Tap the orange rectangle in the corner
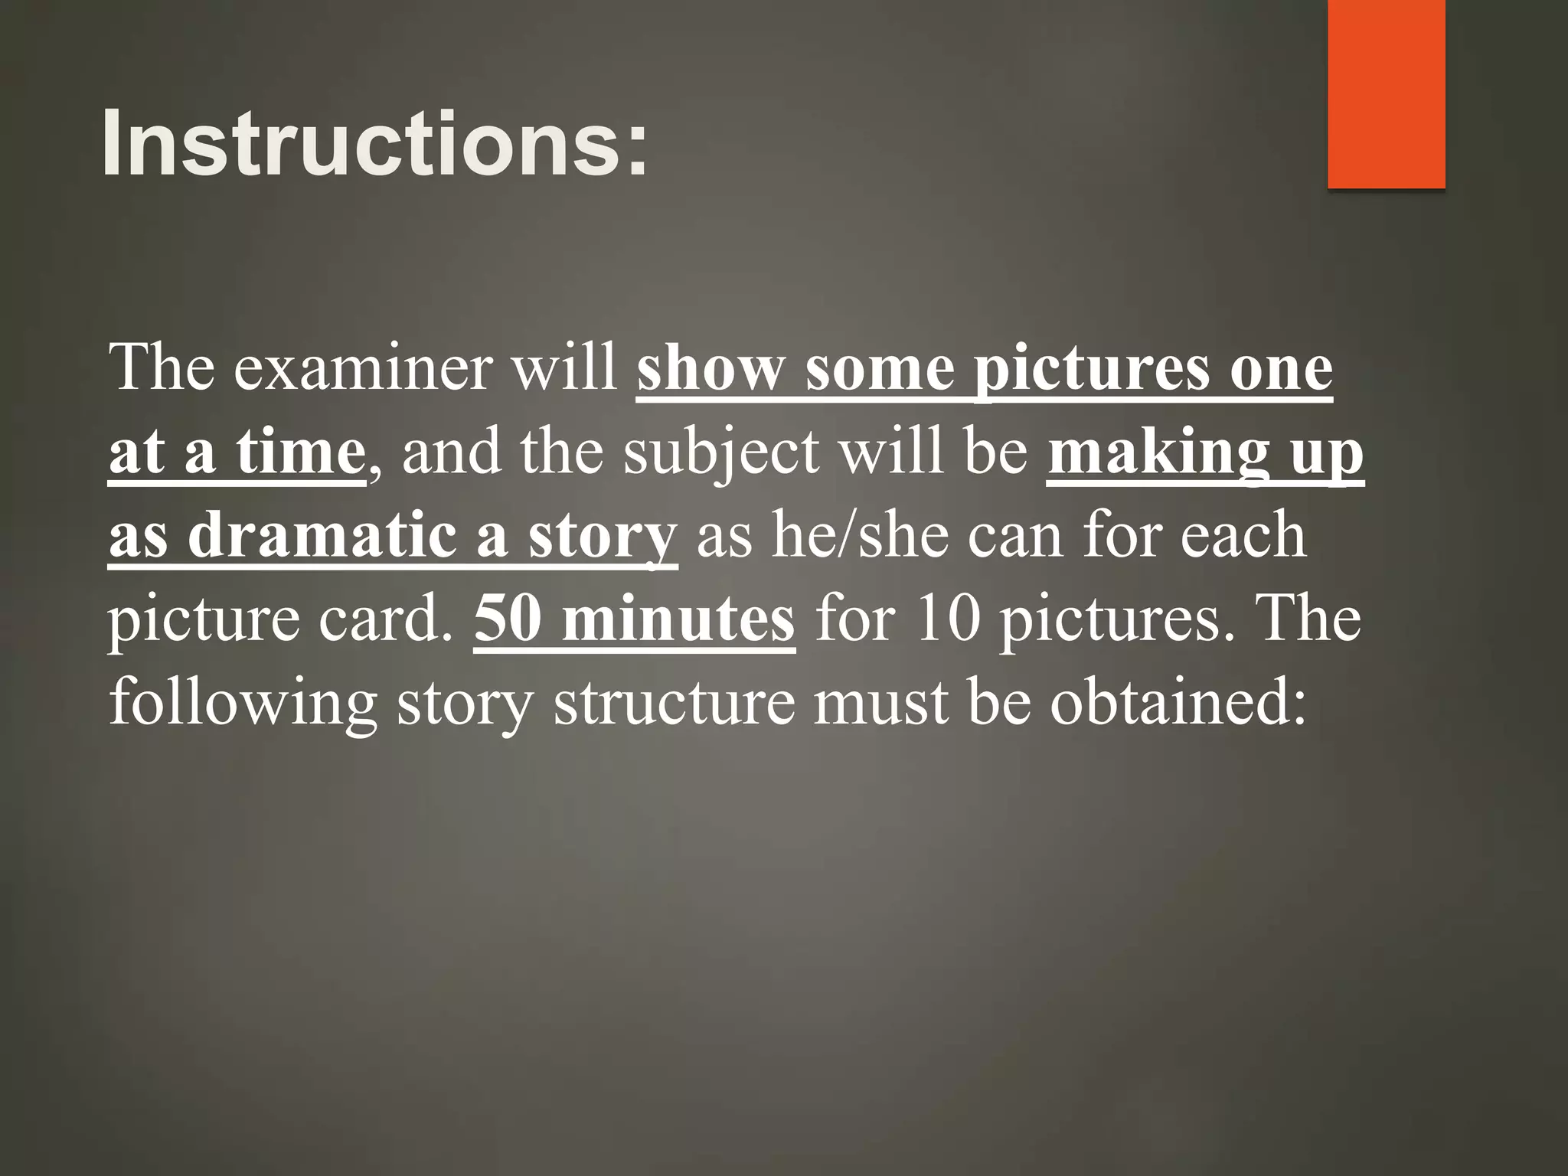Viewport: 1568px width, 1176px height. pos(1386,93)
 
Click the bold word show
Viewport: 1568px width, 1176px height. pos(710,370)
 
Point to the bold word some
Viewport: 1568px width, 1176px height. pos(880,370)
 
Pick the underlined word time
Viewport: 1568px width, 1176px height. pos(300,452)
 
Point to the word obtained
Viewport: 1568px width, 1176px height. pos(1178,703)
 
